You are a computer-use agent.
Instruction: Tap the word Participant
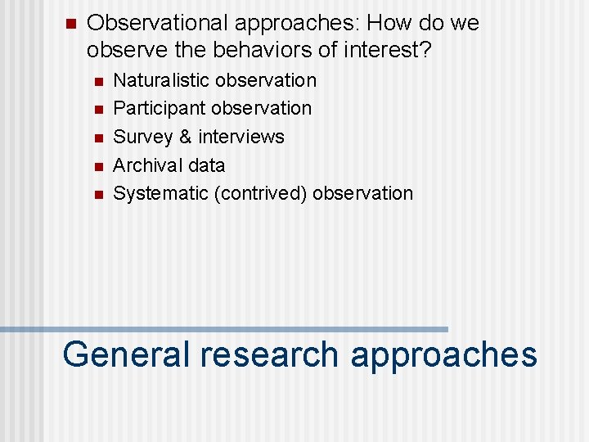pyautogui.click(x=159, y=109)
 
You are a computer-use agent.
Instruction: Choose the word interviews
pyautogui.click(x=241, y=137)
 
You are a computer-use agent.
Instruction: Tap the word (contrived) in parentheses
pyautogui.click(x=260, y=194)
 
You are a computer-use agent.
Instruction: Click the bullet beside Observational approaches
pyautogui.click(x=69, y=24)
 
